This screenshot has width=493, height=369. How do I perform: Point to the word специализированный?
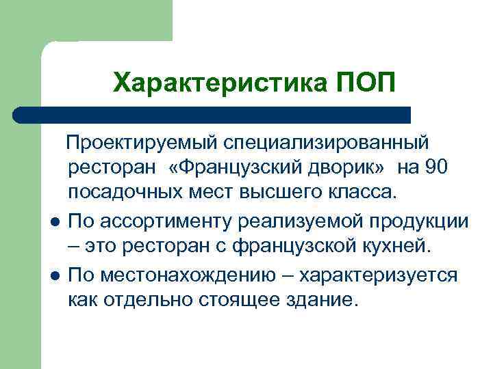[320, 144]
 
